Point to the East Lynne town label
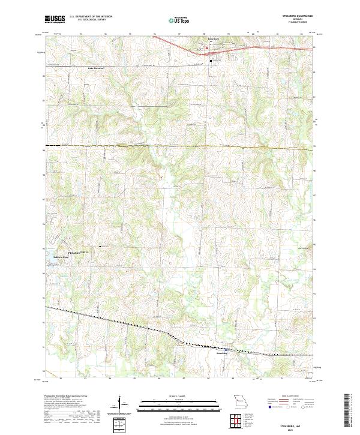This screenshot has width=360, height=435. [x=214, y=40]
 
